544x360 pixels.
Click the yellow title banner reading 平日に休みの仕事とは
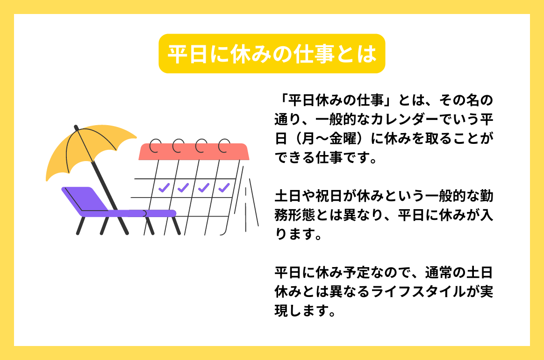coord(272,54)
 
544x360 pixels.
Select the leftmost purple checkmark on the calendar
coord(164,188)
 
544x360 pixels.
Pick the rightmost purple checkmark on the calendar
coord(224,188)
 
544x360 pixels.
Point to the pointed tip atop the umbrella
coord(76,127)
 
